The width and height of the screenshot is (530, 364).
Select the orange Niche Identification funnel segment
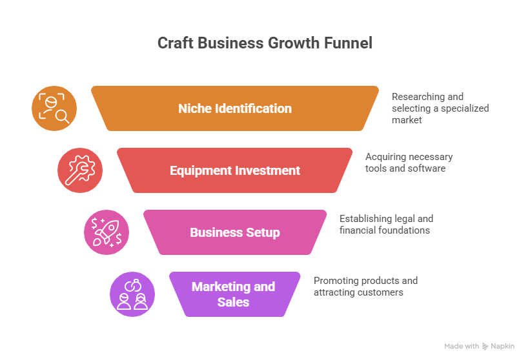click(235, 108)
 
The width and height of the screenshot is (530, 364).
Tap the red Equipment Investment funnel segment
click(235, 170)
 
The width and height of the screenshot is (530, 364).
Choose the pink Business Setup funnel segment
click(235, 232)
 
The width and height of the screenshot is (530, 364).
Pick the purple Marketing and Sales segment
click(234, 294)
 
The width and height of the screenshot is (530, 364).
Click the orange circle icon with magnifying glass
click(54, 108)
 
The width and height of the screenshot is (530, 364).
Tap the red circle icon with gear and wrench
click(80, 170)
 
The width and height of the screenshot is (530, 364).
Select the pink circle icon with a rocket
click(107, 232)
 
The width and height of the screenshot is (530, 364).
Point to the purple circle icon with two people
click(132, 294)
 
